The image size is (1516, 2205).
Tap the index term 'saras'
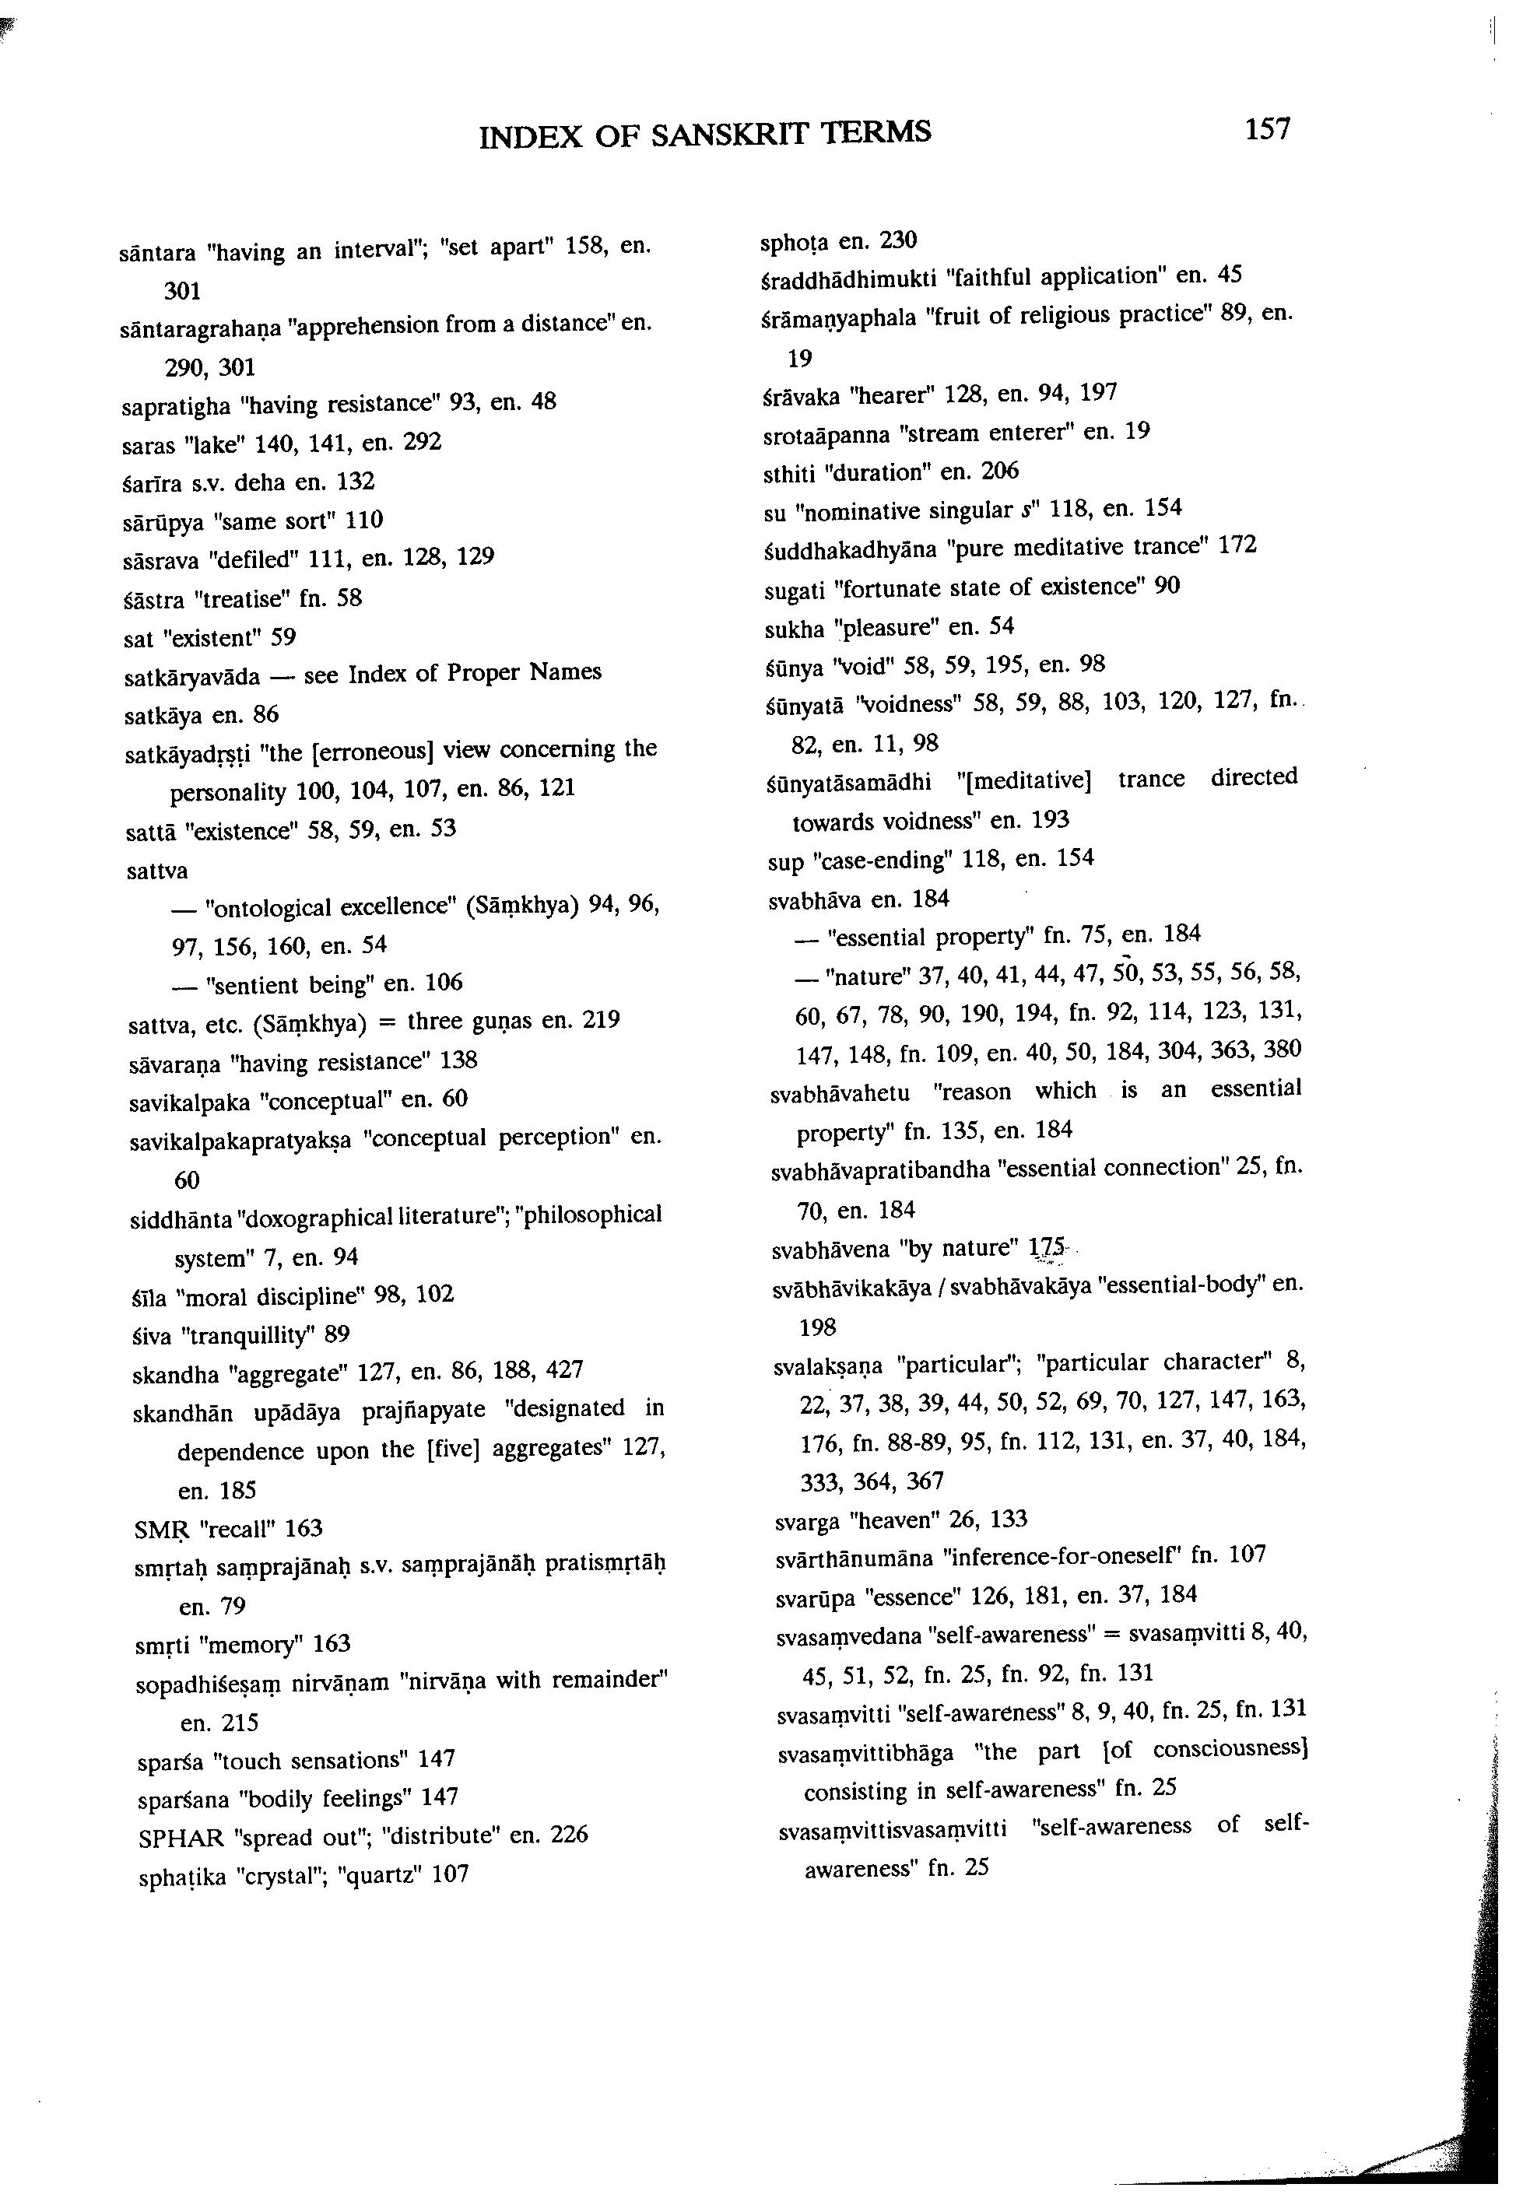[146, 444]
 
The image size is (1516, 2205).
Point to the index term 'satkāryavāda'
[193, 676]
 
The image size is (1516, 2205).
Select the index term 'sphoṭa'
[796, 241]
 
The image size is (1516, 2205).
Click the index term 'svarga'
[806, 1520]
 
